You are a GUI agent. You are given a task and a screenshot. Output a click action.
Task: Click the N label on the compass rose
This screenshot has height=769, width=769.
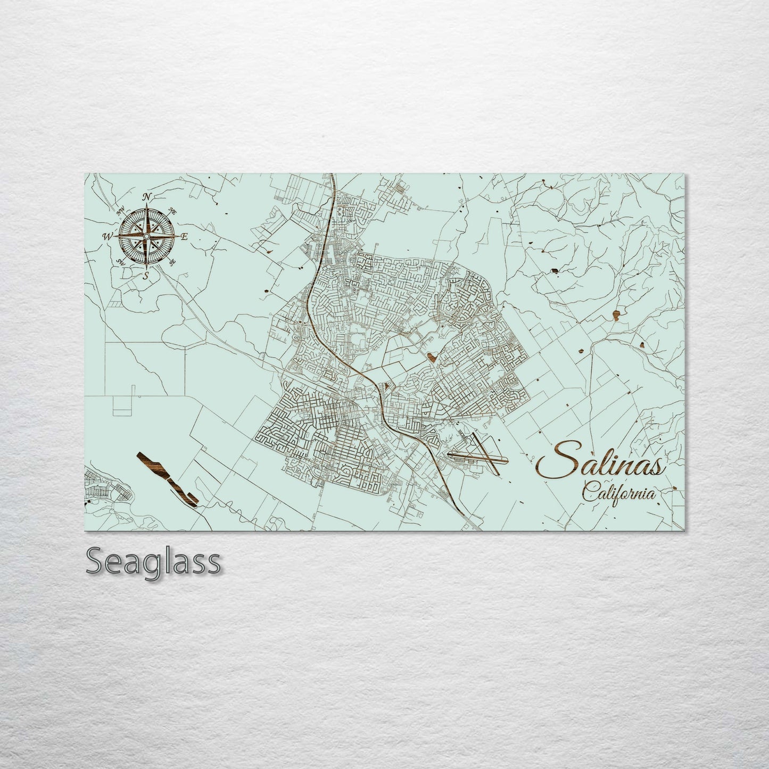tap(148, 197)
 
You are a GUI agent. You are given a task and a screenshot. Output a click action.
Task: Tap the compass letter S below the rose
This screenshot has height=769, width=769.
tap(146, 275)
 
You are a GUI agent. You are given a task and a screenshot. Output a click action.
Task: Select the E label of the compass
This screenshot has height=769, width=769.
tap(184, 237)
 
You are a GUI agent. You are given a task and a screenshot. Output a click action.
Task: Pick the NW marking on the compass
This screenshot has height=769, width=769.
tap(121, 211)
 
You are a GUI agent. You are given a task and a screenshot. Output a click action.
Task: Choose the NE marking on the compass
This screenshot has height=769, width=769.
tap(173, 211)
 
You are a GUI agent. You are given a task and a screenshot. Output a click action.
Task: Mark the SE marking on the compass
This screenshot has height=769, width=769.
tap(172, 262)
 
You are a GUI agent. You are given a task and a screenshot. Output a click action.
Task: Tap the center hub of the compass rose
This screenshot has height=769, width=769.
tap(147, 236)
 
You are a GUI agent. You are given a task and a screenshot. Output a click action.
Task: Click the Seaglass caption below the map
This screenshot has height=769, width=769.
tap(153, 562)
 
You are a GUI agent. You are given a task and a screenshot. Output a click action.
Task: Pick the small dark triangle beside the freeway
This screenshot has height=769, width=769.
tap(387, 385)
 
